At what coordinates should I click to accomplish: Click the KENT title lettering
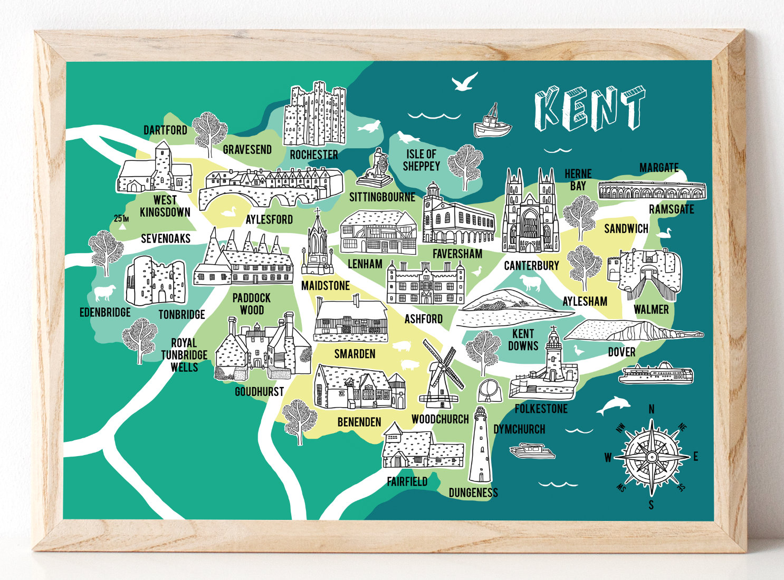click(589, 109)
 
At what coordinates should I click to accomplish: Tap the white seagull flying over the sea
click(464, 82)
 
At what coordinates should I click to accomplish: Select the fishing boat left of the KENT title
click(492, 123)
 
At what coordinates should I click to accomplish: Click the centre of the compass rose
click(652, 456)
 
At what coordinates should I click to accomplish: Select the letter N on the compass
click(652, 410)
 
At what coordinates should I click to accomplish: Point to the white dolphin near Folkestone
click(614, 405)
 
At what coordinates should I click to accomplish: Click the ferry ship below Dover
click(656, 374)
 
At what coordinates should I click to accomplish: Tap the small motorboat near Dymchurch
click(532, 451)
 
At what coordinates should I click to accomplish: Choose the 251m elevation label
click(121, 219)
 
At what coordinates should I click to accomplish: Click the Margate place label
click(658, 168)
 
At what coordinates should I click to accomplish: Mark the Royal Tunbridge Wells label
click(184, 355)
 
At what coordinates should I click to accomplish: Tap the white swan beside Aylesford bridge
click(228, 211)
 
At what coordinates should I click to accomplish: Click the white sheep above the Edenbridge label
click(104, 293)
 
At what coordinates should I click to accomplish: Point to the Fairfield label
click(407, 481)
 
